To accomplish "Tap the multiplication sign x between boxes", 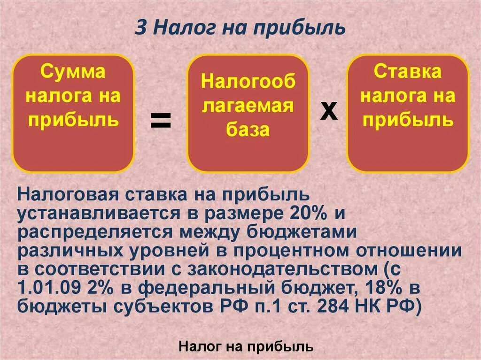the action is [329, 112].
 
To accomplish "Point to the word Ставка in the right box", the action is [408, 72].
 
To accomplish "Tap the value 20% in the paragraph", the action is [302, 214].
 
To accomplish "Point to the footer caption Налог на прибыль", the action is [246, 347].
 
